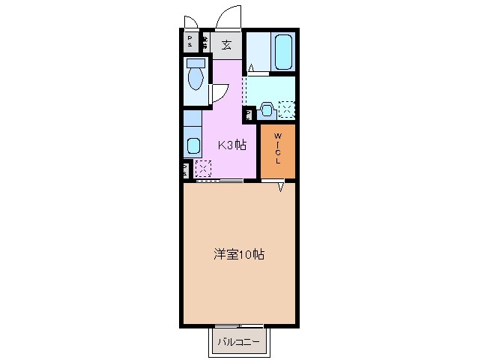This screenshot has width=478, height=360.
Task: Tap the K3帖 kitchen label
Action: (x=232, y=145)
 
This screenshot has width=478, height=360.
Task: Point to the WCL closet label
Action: (x=277, y=149)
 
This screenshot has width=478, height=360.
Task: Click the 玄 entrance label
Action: (x=226, y=43)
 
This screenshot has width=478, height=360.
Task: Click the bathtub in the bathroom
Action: (x=283, y=51)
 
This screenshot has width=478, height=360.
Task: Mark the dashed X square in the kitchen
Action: (x=202, y=168)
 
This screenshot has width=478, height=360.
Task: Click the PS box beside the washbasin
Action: (x=248, y=114)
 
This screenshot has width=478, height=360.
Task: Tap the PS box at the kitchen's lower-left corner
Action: (x=185, y=169)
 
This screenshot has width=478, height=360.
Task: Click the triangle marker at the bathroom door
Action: (x=252, y=69)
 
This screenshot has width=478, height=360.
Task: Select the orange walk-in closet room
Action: (x=278, y=152)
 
